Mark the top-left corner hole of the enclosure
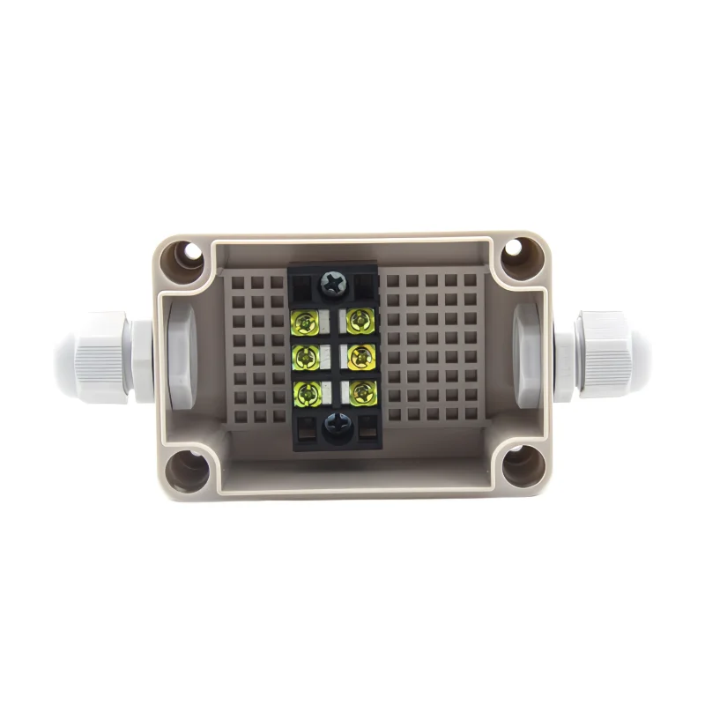(x=189, y=256)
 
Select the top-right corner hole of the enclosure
(x=512, y=254)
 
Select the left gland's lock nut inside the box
(x=176, y=356)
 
